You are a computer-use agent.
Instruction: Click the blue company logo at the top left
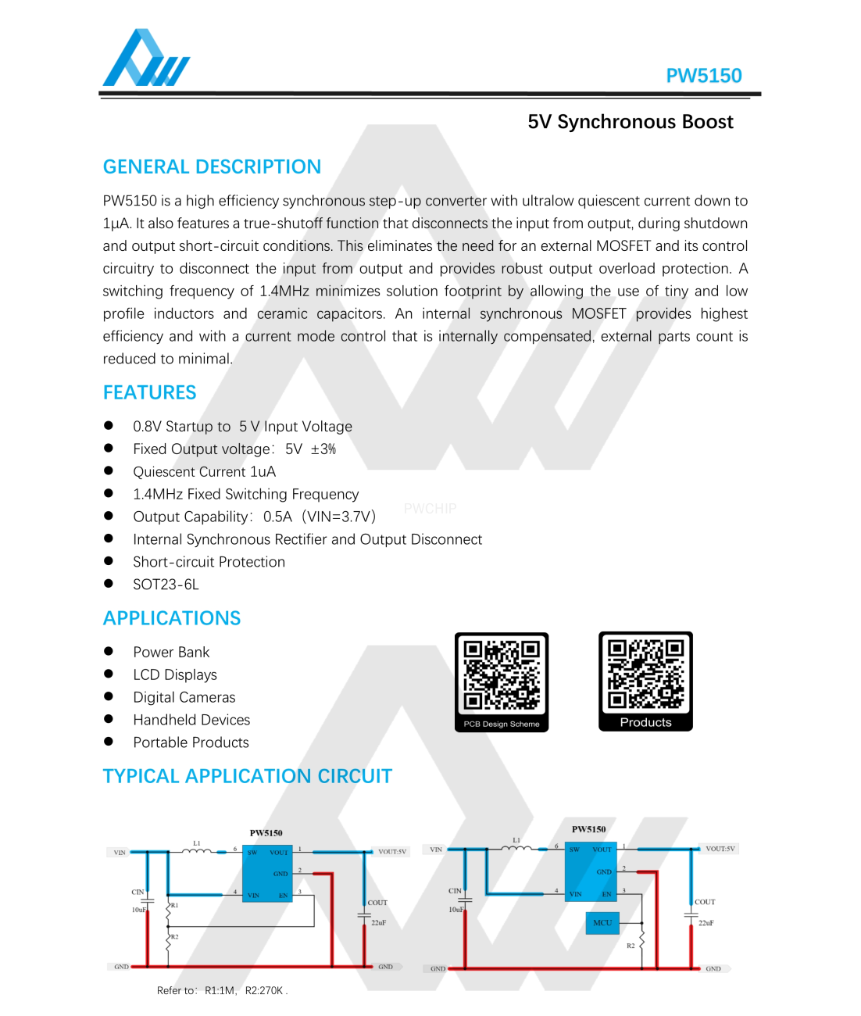coord(146,59)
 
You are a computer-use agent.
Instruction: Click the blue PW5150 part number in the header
coord(703,76)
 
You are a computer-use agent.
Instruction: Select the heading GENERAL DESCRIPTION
coord(212,166)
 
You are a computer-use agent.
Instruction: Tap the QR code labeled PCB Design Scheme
coord(502,675)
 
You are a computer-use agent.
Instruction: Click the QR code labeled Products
coord(645,674)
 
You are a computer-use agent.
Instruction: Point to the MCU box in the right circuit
coord(602,923)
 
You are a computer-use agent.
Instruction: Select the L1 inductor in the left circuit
coord(197,850)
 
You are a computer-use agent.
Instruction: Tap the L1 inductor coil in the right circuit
coord(516,847)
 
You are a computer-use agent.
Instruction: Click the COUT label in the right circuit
coord(705,902)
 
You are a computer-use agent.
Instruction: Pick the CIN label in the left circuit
coord(138,892)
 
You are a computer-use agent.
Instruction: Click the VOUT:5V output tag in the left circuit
coord(391,852)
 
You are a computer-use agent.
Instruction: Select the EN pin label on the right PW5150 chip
coord(606,894)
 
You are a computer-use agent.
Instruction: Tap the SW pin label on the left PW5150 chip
coord(252,853)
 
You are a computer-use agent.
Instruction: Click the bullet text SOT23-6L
coord(166,585)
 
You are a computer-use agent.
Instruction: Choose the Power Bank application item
coord(171,652)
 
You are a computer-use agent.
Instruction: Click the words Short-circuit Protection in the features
coord(209,562)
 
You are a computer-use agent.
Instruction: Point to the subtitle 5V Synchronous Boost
coord(630,122)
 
